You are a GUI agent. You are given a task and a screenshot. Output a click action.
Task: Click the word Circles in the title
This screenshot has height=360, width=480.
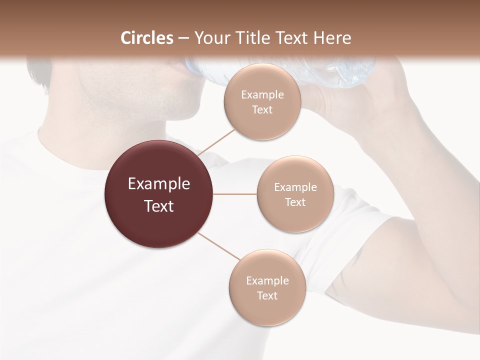tap(147, 38)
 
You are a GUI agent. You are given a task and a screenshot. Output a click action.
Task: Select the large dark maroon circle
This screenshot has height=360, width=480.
tap(158, 194)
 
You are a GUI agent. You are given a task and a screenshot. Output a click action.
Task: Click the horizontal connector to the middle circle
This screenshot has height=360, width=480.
tap(234, 194)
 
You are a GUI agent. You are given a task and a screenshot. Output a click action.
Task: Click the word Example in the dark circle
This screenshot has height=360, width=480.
tap(158, 184)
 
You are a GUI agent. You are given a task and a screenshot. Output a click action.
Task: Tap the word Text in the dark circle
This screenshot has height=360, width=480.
tap(158, 206)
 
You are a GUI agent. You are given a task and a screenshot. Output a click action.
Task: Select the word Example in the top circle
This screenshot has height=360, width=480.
tap(262, 95)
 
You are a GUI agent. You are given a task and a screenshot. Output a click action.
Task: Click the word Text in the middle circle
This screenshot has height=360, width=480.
tap(295, 202)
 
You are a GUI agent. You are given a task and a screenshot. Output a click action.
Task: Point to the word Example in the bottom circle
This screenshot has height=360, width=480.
tap(267, 280)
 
